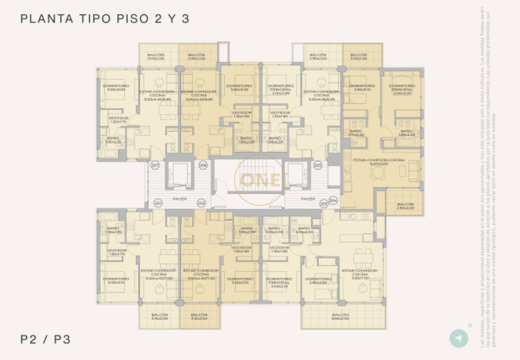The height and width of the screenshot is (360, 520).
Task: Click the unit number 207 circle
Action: pos(154,165)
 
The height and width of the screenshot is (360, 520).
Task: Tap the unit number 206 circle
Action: pos(203,165)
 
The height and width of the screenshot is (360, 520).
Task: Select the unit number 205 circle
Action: pos(318,165)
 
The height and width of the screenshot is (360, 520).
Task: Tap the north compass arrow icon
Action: pos(458,338)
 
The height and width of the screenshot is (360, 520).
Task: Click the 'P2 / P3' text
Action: pos(45,339)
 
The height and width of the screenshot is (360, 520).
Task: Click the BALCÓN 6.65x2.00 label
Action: pos(341,317)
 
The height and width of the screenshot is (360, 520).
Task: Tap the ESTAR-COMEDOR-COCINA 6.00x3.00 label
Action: pos(379,162)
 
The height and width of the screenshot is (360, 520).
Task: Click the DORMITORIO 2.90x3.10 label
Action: pos(361,88)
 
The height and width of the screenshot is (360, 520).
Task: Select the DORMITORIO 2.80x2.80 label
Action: pos(318,281)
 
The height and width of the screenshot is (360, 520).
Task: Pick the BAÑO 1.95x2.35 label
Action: pos(114,140)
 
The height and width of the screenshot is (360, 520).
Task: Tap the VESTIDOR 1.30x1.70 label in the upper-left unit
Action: pos(118,120)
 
